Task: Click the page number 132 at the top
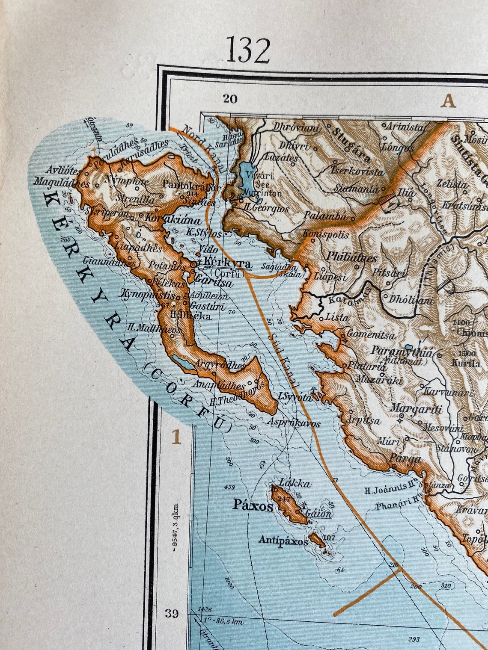click(248, 50)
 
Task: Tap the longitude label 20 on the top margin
click(230, 99)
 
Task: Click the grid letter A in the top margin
click(448, 101)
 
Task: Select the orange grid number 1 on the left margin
click(175, 437)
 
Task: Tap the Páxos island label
click(253, 506)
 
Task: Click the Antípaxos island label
click(283, 541)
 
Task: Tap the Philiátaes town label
click(351, 258)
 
